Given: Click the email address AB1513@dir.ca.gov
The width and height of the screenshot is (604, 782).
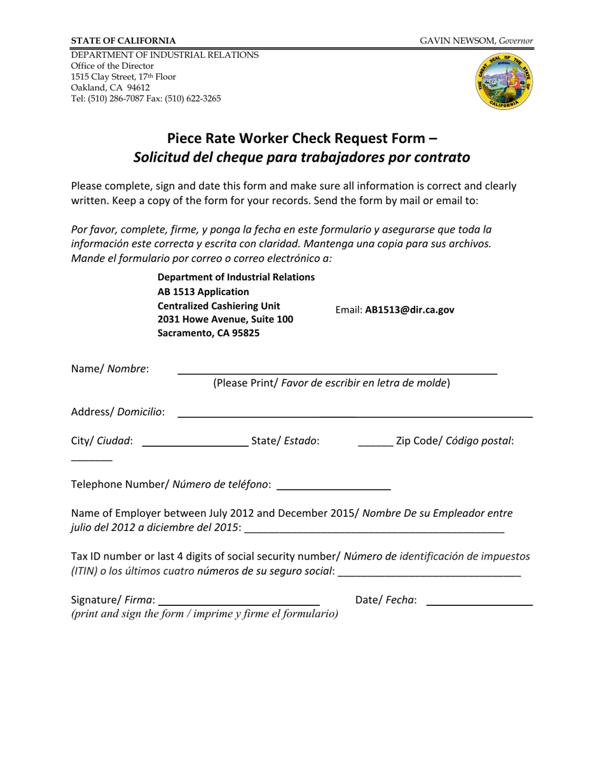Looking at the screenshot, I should (x=409, y=310).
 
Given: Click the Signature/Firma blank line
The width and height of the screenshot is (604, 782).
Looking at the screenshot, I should (x=238, y=601).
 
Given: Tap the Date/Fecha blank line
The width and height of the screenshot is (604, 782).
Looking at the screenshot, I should (x=478, y=601).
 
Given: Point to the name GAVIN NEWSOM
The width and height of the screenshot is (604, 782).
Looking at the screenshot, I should (x=458, y=40).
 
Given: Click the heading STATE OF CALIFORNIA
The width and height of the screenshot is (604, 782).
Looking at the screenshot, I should (x=123, y=40).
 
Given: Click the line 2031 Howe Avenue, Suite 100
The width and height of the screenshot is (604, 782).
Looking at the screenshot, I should (x=225, y=319).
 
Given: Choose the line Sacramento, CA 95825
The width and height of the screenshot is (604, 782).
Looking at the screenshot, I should (x=208, y=333).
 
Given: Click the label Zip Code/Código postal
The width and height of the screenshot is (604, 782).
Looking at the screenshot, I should (x=455, y=441).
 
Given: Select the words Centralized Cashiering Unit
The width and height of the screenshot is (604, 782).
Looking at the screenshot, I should (x=218, y=305).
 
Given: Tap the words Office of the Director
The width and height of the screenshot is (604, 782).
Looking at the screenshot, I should (x=112, y=66).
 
